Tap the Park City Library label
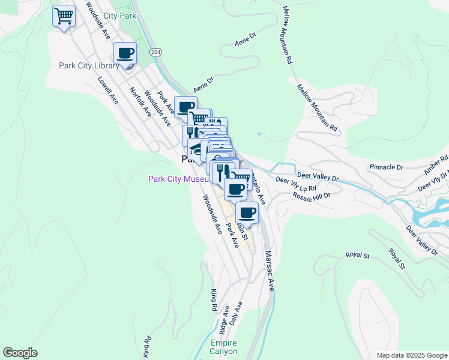point(89,65)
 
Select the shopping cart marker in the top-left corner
point(64,16)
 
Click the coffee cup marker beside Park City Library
point(125,53)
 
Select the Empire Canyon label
point(223,347)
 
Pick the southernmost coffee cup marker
point(247,212)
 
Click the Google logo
point(20,353)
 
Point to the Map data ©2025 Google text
point(411,355)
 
